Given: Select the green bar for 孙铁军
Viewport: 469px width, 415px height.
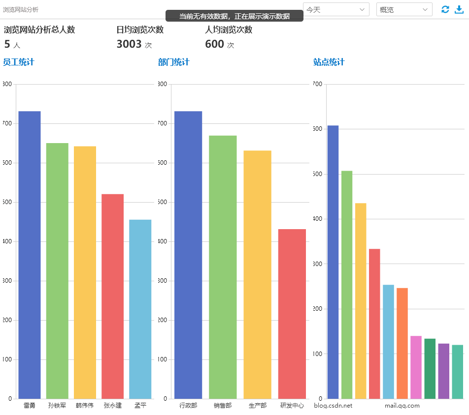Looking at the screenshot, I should pos(57,270).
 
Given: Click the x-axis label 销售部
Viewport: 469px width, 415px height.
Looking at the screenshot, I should pos(223,406).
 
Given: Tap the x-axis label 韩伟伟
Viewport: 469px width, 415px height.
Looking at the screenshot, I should pos(85,406).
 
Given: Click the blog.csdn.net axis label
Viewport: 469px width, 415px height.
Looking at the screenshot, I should pos(333,406).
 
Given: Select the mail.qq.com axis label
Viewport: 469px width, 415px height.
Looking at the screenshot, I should pos(402,406).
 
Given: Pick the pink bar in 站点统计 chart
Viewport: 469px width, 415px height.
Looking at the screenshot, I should pos(416,367).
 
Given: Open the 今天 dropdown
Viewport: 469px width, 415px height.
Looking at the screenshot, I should pos(336,9).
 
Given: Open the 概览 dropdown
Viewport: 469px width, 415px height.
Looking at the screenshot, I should pos(404,9).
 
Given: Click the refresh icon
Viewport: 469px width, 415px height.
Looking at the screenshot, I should pos(445,9).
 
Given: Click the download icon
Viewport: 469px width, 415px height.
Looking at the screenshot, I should pos(459,9).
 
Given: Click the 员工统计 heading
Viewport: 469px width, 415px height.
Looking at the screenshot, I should pos(19,62).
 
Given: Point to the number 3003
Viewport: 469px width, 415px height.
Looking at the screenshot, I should pos(129,44).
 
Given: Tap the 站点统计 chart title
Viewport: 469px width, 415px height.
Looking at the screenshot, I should pos(329,62).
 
